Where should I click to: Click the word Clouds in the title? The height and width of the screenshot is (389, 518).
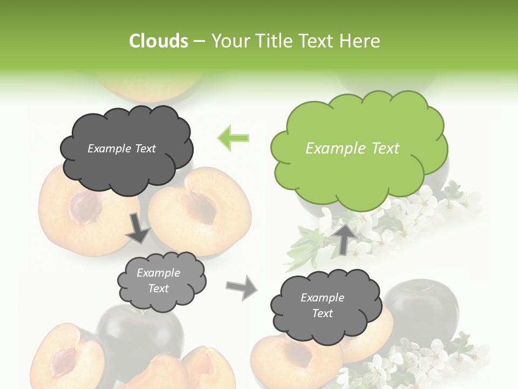(158, 41)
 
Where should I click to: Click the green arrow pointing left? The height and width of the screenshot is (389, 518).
(234, 137)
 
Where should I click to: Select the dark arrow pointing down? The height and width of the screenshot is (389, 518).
(138, 227)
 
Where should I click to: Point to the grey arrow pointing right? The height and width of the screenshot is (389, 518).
(242, 287)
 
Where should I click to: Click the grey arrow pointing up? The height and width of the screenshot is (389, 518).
(345, 238)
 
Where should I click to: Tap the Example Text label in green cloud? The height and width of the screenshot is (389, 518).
(352, 149)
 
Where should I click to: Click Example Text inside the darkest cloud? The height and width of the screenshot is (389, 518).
(121, 149)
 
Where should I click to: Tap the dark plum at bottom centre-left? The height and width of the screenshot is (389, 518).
(140, 330)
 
